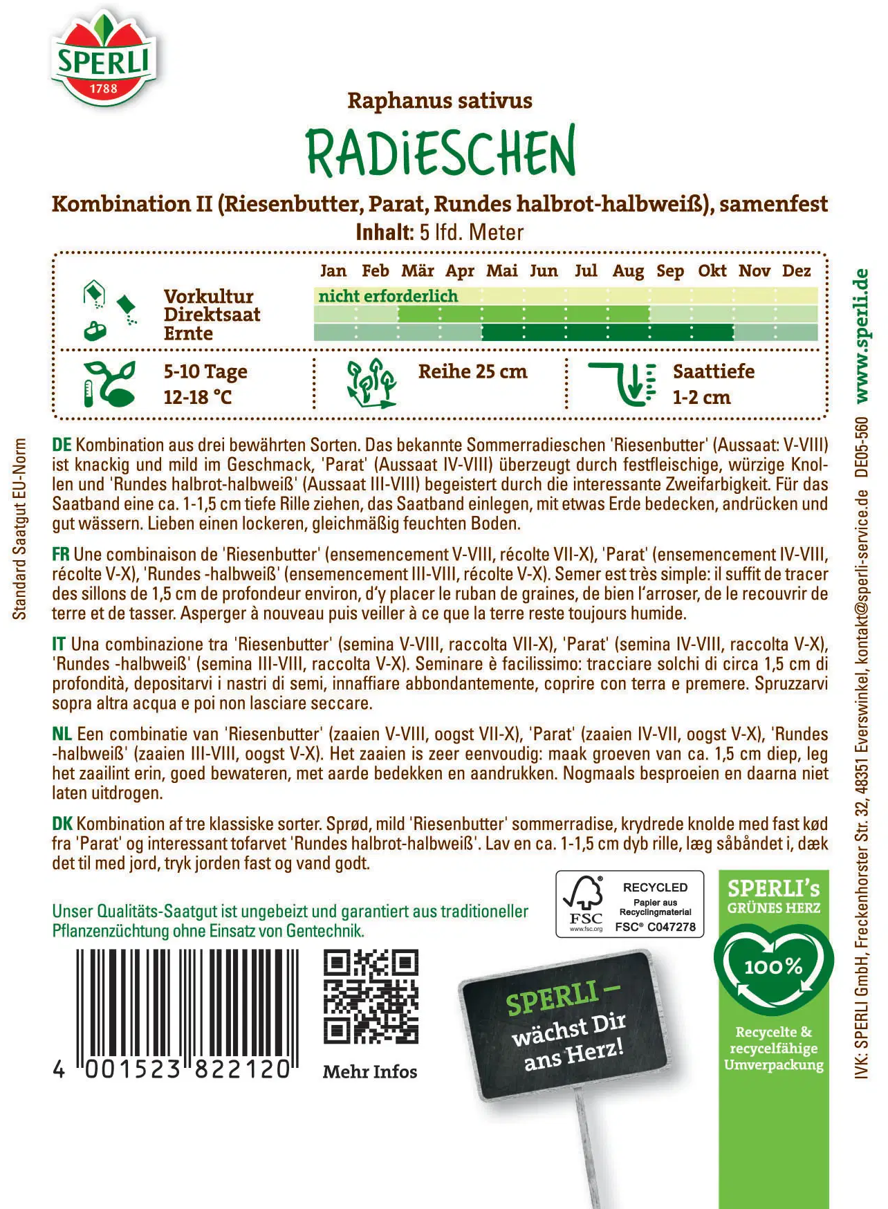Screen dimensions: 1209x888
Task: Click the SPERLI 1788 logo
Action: point(104,59)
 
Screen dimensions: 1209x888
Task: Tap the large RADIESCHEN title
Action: point(441,151)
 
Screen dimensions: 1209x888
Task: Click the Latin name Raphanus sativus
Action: point(440,101)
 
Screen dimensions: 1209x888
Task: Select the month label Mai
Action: point(501,270)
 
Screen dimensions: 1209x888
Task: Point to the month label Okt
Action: point(712,270)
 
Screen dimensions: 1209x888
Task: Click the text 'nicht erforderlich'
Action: point(388,296)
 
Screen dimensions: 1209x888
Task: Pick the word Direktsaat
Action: point(212,315)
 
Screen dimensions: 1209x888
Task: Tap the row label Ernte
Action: point(188,333)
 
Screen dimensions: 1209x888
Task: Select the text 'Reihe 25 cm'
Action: point(472,371)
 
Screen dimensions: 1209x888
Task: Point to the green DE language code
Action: point(62,445)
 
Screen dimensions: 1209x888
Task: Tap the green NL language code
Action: point(62,734)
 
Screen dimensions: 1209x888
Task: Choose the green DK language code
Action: point(62,824)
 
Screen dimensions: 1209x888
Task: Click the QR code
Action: point(371,997)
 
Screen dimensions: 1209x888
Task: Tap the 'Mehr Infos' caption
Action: point(370,1071)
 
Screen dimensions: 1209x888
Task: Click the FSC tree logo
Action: point(585,903)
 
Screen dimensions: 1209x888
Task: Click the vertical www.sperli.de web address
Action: point(861,335)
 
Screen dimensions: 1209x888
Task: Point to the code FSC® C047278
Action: point(656,927)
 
